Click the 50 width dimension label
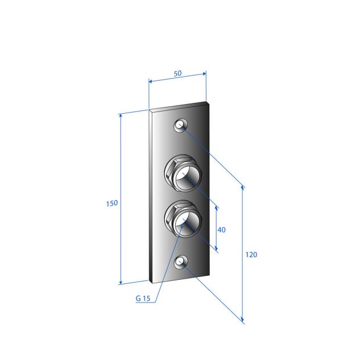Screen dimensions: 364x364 pyautogui.click(x=177, y=73)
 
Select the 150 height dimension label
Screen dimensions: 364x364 pyautogui.click(x=112, y=204)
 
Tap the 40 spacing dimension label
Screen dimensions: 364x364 pyautogui.click(x=221, y=230)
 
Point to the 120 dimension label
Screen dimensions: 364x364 pyautogui.click(x=251, y=255)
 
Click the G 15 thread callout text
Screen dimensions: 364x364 pyautogui.click(x=143, y=298)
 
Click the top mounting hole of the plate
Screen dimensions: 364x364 pyautogui.click(x=181, y=126)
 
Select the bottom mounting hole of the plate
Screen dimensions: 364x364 pyautogui.click(x=181, y=262)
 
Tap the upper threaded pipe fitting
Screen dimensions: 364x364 pyautogui.click(x=183, y=173)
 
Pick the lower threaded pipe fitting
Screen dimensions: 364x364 pyautogui.click(x=183, y=218)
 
